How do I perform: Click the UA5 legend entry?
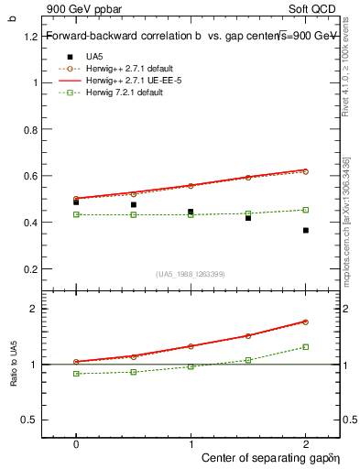pos(94,57)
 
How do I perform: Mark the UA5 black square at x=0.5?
pos(134,204)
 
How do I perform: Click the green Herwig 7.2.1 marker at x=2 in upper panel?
pos(305,210)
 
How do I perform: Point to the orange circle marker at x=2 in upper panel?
pos(305,171)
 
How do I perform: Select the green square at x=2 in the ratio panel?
pos(305,346)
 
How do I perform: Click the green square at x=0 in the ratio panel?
pos(76,374)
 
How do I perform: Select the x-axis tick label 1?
pos(191,442)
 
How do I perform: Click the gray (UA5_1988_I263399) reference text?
pos(191,274)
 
